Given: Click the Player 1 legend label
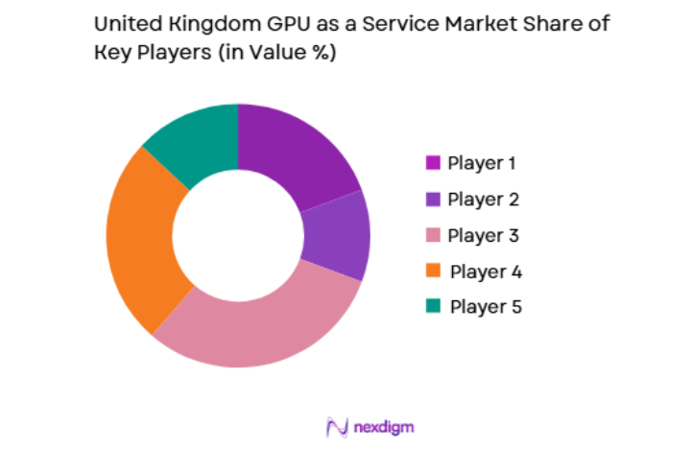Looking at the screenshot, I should (481, 163).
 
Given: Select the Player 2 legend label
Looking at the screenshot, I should (482, 200).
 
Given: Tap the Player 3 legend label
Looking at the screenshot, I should (482, 235).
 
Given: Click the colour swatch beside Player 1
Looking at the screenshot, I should (433, 163).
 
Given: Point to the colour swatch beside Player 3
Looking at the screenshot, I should (433, 235).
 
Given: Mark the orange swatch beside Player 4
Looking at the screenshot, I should (433, 272).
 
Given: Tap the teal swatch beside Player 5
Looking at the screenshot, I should (433, 307).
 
